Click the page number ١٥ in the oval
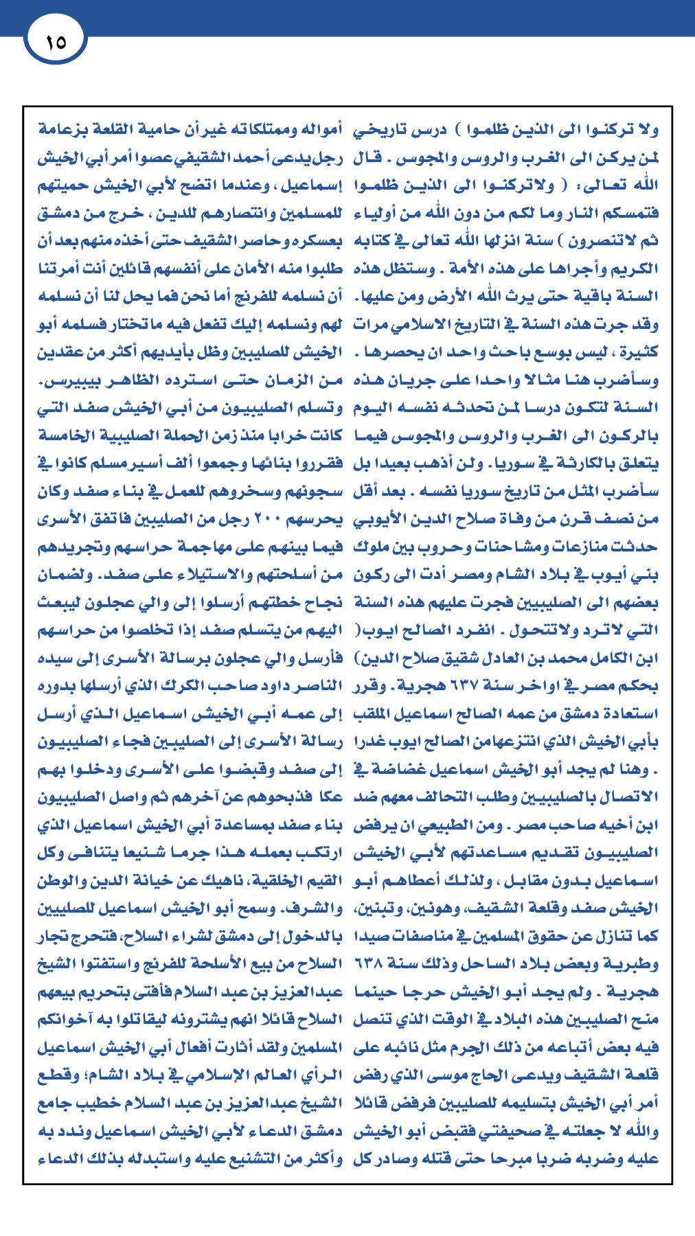[x=56, y=42]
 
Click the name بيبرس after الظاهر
[x=62, y=380]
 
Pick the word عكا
[x=328, y=797]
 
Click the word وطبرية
[x=636, y=964]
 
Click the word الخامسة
[x=65, y=435]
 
